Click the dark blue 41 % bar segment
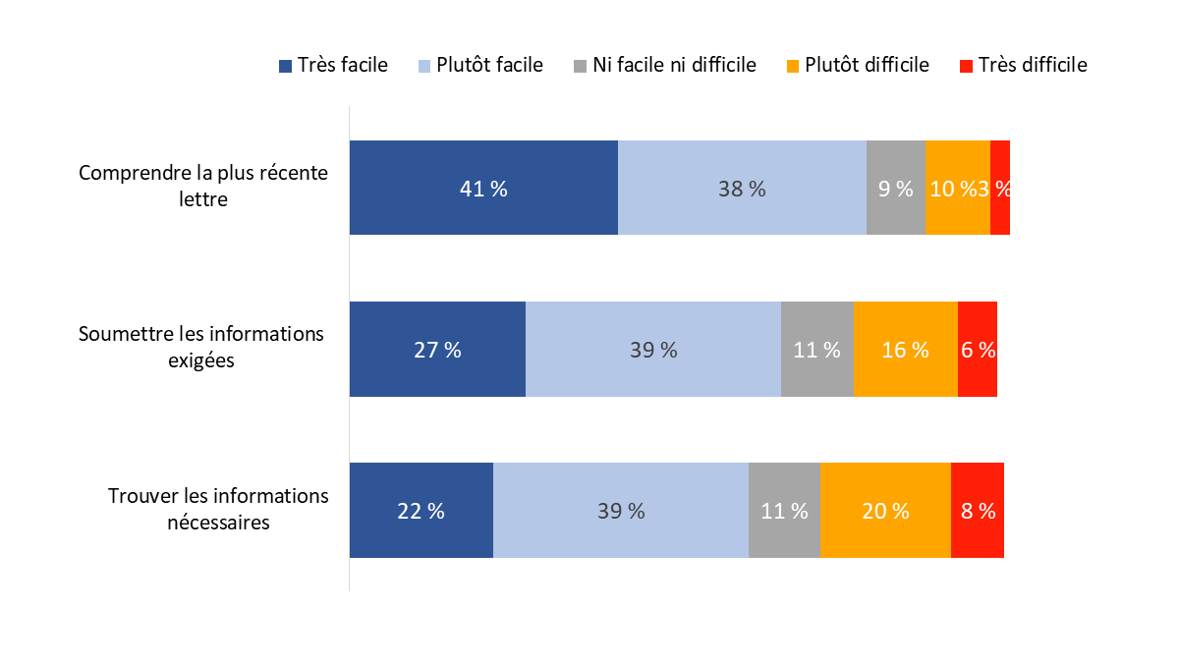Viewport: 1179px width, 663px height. tap(483, 188)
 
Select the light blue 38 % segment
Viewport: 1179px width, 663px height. tap(742, 188)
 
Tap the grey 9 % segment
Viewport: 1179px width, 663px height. tap(895, 188)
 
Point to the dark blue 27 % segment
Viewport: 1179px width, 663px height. tap(437, 349)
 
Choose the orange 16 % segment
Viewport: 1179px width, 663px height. tap(905, 349)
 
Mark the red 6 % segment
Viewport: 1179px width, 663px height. tap(978, 349)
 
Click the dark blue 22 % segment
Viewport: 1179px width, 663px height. tap(421, 510)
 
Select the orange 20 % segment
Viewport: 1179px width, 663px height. tap(885, 510)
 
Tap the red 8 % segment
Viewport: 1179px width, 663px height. tap(978, 510)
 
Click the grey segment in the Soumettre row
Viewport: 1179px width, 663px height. tap(816, 349)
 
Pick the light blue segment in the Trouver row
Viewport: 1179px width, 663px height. tap(620, 510)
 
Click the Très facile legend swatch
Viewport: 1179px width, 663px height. tap(286, 66)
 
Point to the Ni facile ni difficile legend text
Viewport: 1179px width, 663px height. tap(674, 66)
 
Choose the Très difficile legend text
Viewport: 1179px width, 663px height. tap(1033, 66)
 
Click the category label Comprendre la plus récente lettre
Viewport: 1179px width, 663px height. tap(202, 186)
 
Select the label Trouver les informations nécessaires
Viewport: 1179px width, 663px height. tap(218, 509)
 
